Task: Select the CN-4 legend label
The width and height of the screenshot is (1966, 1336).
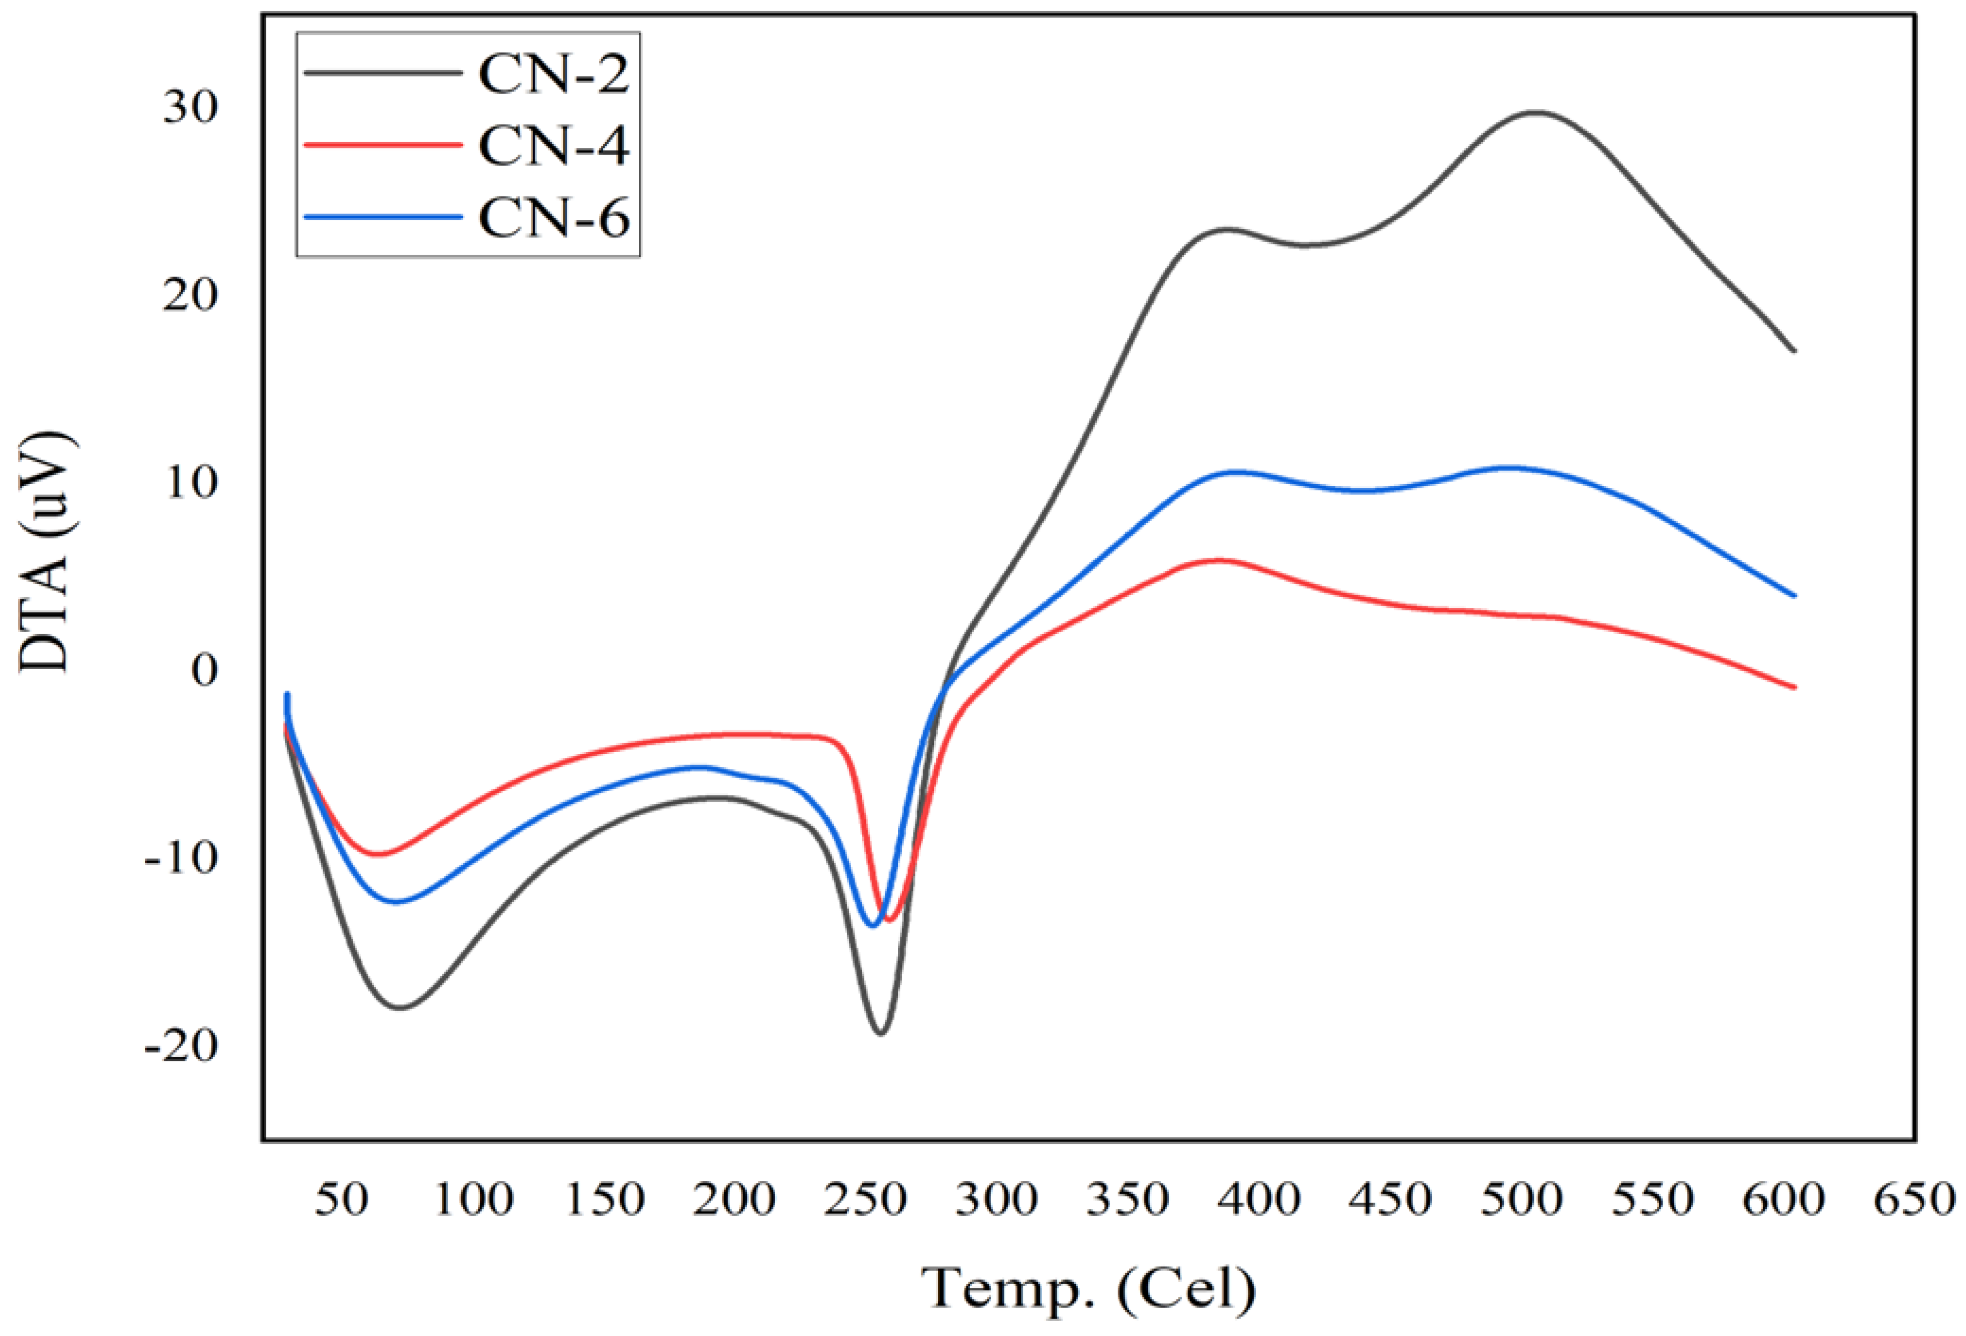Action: point(554,146)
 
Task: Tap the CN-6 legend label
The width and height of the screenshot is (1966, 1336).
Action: point(554,217)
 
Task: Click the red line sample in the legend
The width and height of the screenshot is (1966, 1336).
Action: point(382,144)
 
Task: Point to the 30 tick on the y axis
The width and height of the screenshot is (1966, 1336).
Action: point(191,107)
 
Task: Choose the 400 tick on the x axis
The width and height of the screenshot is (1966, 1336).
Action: point(1259,1199)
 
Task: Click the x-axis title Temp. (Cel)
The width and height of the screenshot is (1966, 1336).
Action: point(1089,1289)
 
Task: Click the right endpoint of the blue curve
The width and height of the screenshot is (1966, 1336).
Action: point(1794,596)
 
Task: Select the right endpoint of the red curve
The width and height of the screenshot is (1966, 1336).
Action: point(1794,687)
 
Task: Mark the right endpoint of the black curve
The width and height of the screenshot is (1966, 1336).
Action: point(1794,350)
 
